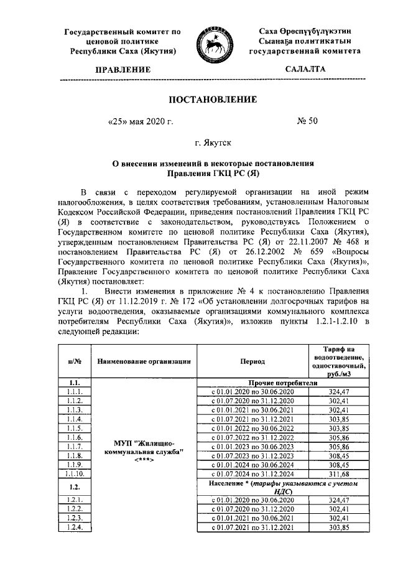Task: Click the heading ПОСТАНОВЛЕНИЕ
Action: [213, 100]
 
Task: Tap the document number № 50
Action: [308, 121]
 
